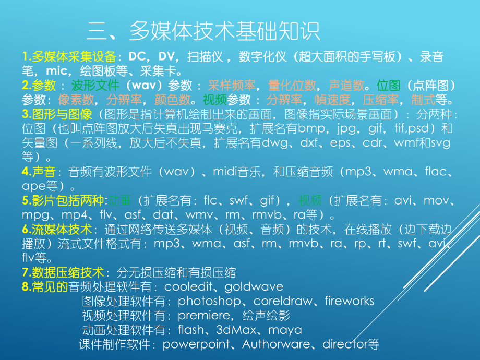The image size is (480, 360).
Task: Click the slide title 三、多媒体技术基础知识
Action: point(203,31)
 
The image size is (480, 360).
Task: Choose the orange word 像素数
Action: point(76,100)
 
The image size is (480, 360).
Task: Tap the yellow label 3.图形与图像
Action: point(57,114)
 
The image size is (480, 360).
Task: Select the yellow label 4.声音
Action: point(40,171)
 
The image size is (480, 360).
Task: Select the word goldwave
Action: point(256,286)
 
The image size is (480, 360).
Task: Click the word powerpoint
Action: point(196,344)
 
